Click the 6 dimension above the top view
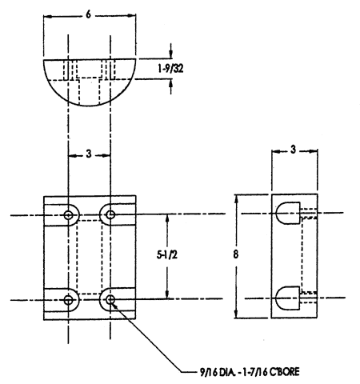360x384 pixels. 88,15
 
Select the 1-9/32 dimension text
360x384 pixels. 170,69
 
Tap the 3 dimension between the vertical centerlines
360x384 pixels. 89,154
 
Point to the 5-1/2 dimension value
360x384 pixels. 167,255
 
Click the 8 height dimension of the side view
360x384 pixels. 235,254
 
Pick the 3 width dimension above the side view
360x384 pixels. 293,150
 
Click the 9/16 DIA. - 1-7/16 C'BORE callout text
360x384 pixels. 250,371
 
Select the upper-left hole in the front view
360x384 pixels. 69,214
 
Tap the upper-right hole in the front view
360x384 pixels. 110,214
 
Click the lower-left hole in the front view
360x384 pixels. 69,300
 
